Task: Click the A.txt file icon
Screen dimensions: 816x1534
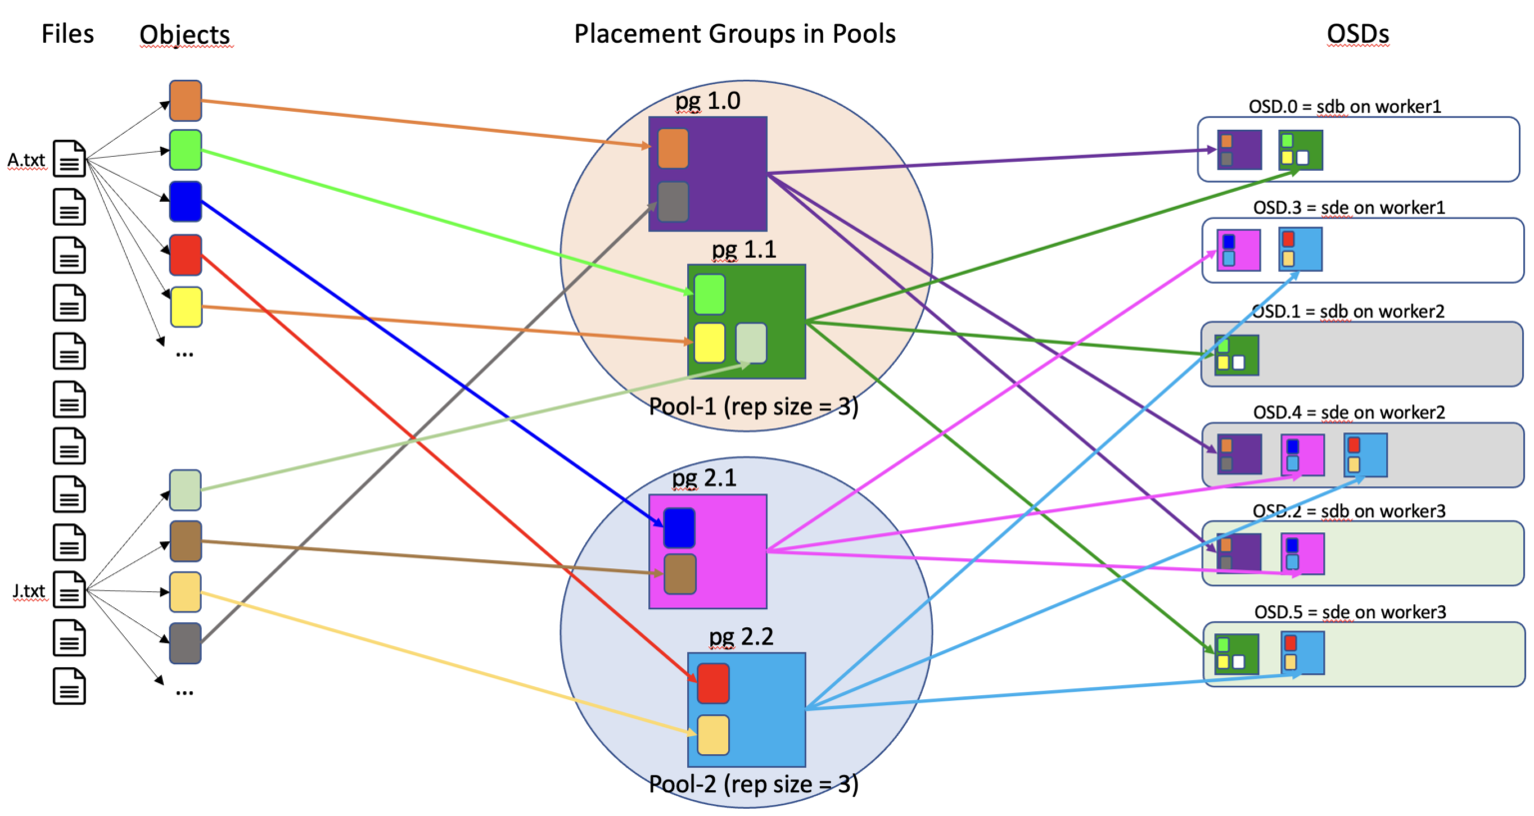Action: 69,159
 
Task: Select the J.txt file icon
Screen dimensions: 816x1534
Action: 69,591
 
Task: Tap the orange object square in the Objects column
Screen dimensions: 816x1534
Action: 186,101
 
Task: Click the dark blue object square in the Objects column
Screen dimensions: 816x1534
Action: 186,201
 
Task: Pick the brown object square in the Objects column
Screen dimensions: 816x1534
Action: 186,541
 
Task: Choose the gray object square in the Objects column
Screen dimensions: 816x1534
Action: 186,643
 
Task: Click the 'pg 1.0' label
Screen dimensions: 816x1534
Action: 707,101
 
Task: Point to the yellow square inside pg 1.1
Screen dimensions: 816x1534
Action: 709,343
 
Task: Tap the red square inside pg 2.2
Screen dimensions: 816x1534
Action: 713,683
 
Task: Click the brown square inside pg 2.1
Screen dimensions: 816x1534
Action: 680,574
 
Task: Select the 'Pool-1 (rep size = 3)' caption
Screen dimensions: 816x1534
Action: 753,407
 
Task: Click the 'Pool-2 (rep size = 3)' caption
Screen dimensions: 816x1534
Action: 753,784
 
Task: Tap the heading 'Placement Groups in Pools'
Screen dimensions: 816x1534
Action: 734,34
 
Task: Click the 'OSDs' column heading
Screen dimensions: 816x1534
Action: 1357,34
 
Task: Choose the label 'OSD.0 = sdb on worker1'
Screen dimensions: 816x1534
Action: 1344,106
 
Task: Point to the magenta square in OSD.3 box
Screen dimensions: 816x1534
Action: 1238,250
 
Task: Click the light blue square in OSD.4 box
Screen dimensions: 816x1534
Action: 1365,454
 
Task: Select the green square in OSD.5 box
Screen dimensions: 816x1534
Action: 1236,654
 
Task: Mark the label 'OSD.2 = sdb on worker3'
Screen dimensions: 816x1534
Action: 1349,510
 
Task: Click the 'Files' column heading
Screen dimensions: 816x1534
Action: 68,34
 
